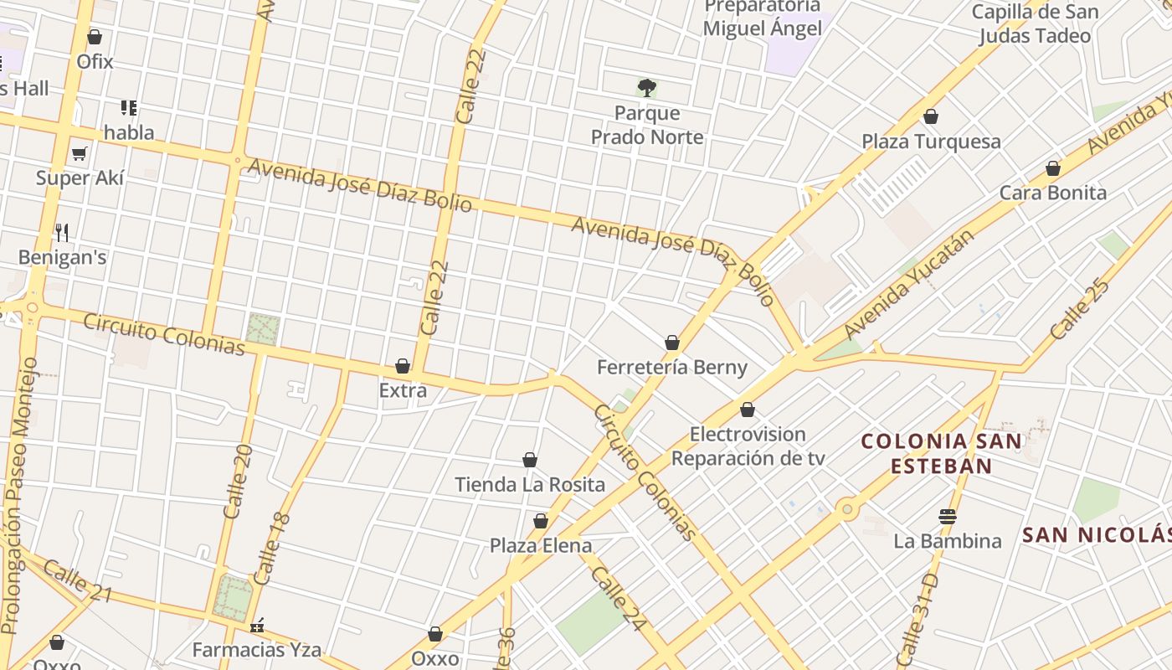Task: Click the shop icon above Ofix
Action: click(95, 38)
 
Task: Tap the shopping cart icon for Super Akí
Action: click(80, 153)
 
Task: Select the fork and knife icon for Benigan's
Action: click(62, 232)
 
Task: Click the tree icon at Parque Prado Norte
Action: click(647, 87)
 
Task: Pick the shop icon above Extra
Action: click(403, 366)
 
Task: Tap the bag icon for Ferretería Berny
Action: click(672, 343)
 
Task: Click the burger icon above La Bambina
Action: click(948, 517)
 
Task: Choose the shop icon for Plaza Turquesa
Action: click(931, 117)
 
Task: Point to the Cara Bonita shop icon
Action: click(1053, 168)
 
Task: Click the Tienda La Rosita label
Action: click(530, 484)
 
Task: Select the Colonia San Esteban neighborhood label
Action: click(942, 453)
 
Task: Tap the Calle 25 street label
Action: click(1080, 309)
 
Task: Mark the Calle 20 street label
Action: click(238, 482)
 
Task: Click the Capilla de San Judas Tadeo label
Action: click(1036, 23)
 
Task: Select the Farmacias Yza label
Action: click(257, 649)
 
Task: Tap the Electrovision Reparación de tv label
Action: click(748, 446)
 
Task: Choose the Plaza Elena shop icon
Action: click(541, 522)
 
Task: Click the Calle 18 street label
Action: click(271, 549)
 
